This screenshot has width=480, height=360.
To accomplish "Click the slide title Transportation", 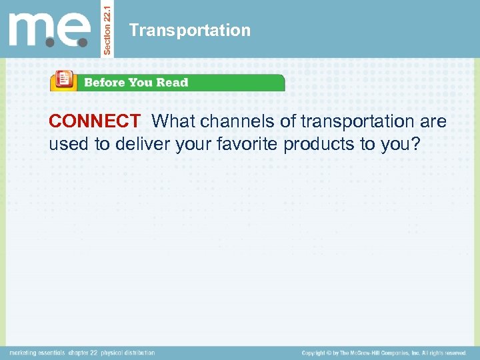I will pos(190,31).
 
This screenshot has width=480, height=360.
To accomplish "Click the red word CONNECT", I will pos(94,121).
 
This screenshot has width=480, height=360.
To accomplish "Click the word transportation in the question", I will pos(358,121).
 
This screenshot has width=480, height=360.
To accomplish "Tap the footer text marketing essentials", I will pos(37,353).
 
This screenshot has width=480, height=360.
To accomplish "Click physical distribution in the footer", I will pos(129,353).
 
